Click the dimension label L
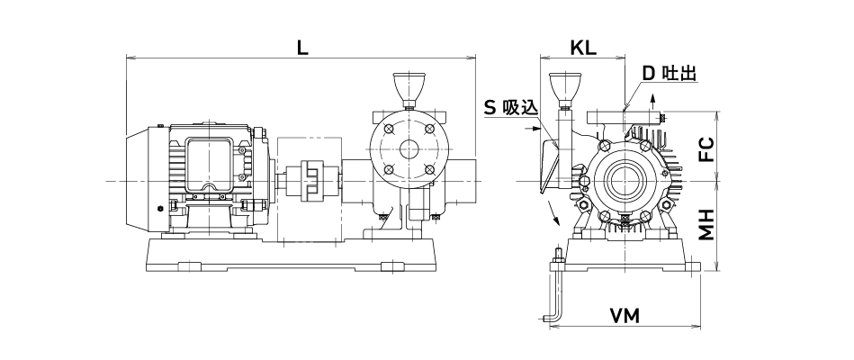302,49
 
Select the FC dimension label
706,147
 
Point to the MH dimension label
706,225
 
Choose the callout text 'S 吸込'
510,106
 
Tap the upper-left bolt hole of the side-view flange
388,130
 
